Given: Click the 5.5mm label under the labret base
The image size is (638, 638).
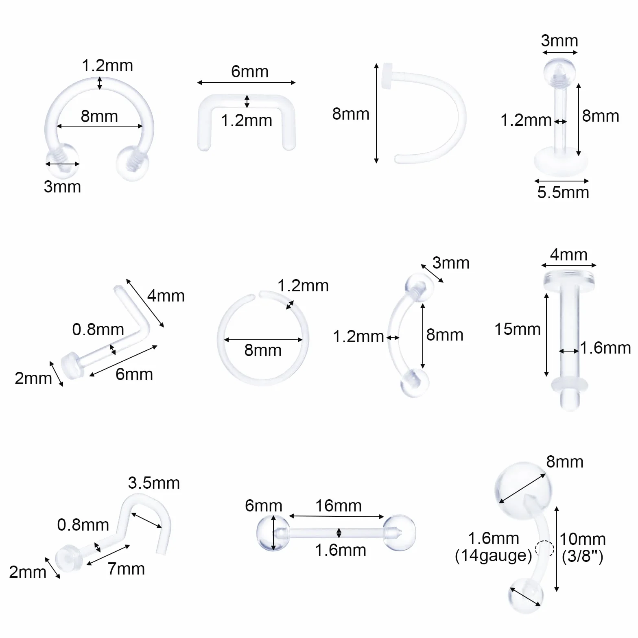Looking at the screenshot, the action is click(563, 192).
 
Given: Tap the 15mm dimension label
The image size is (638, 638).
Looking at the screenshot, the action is click(518, 329).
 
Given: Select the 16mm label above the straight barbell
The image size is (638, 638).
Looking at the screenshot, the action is click(339, 506).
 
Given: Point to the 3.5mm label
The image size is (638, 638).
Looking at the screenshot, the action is click(154, 483).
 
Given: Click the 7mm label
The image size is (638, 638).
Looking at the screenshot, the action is click(126, 568).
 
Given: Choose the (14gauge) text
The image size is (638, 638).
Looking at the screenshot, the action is click(494, 556).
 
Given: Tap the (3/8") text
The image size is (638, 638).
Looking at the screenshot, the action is click(583, 556).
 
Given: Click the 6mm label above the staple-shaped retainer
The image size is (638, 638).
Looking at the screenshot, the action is click(250, 72).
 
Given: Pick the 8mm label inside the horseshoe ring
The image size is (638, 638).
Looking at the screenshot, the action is click(99, 116).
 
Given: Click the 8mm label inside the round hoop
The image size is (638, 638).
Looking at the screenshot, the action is click(263, 350).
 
